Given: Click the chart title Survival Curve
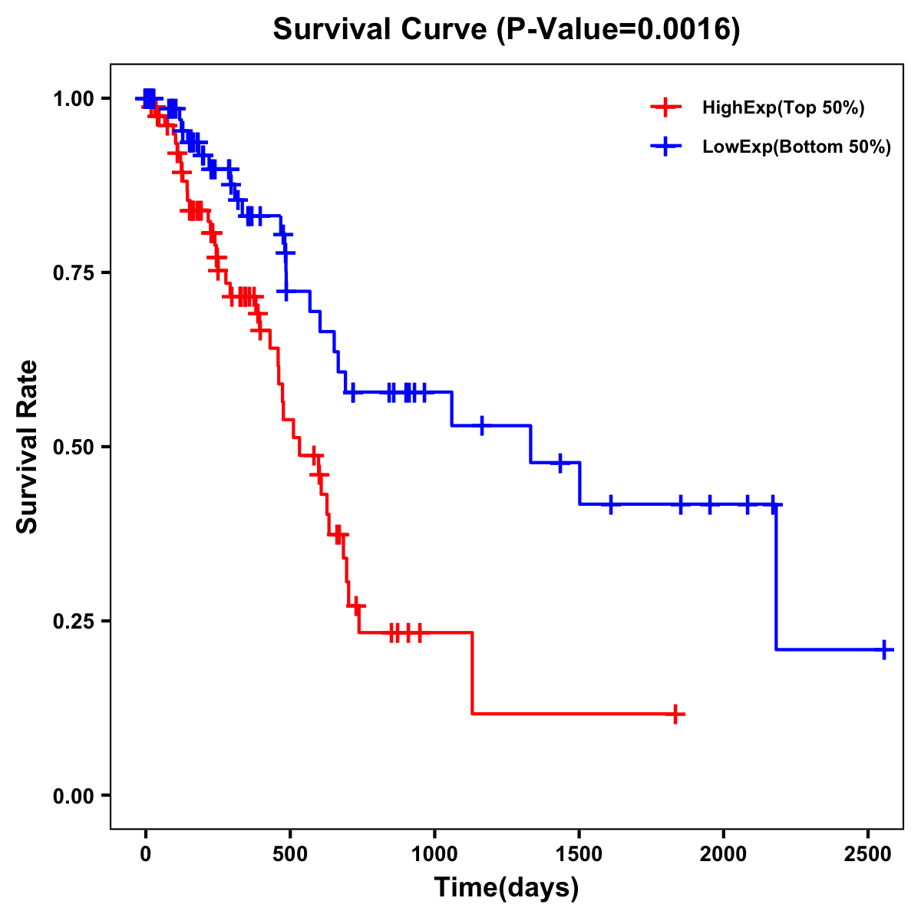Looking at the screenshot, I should [x=379, y=30].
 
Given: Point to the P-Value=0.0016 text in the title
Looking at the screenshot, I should [x=618, y=30].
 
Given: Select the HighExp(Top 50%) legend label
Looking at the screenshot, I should [x=783, y=108].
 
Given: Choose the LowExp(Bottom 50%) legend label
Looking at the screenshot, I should [x=797, y=147].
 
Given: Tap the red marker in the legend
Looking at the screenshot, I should [x=665, y=108].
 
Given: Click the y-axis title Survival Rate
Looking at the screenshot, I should [x=28, y=446].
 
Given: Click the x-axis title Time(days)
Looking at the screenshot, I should [x=507, y=888].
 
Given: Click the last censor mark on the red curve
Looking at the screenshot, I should [x=675, y=714].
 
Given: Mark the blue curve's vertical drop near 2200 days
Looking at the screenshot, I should [x=776, y=576].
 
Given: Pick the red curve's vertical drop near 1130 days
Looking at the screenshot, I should [x=472, y=673].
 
